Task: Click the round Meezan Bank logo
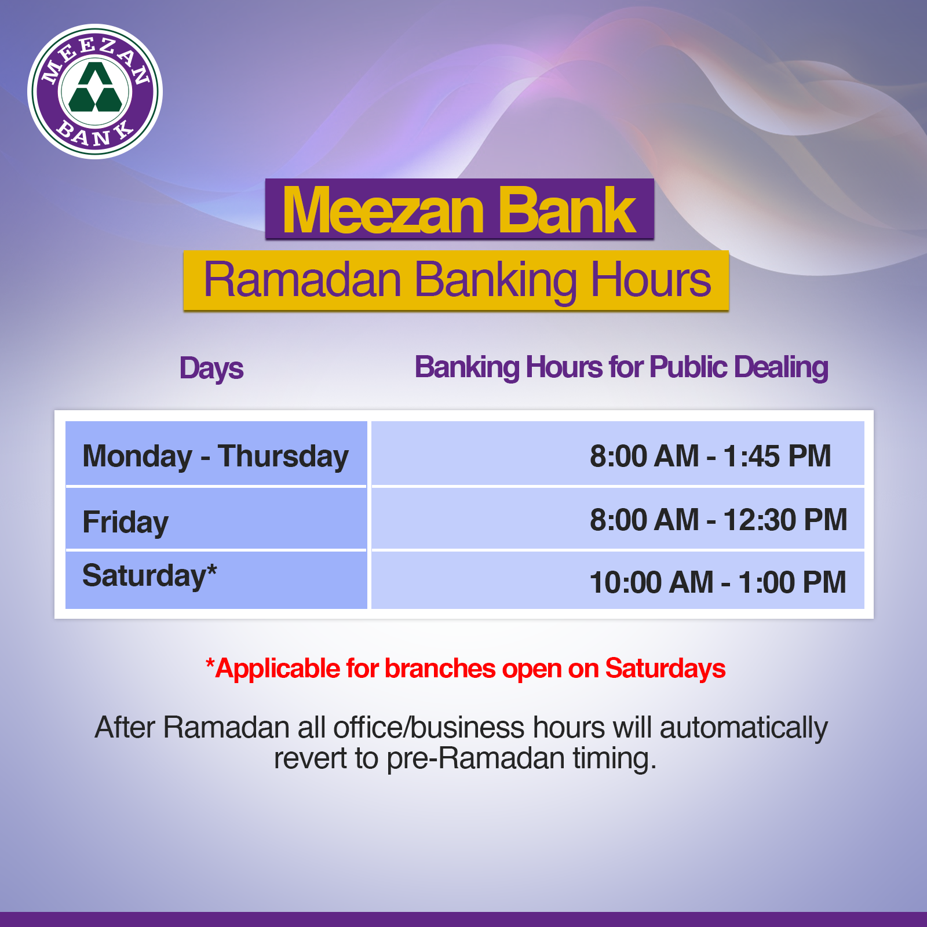coord(95,92)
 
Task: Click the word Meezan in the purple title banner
coord(383,210)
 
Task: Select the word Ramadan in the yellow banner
coord(302,280)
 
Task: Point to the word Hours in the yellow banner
coord(651,280)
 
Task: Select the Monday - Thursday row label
coord(216,457)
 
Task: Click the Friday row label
coord(126,523)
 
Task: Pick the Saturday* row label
coord(149,576)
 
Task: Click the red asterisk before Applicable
coord(210,663)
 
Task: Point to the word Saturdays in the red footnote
coord(665,669)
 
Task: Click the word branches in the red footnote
coord(440,669)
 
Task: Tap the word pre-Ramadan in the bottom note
coord(476,759)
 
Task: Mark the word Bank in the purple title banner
coord(567,210)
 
